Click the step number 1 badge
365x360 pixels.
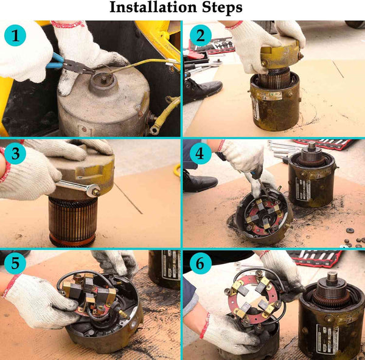click(x=15, y=35)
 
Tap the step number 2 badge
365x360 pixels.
click(x=200, y=35)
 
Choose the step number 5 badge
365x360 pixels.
click(x=15, y=263)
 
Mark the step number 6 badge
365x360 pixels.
click(x=200, y=263)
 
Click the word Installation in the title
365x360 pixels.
click(x=153, y=7)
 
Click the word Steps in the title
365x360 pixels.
click(x=222, y=8)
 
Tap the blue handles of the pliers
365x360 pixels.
click(x=55, y=61)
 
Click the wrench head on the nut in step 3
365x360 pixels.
click(x=94, y=190)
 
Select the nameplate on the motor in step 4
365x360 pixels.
click(x=303, y=189)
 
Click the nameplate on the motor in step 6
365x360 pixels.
click(x=327, y=339)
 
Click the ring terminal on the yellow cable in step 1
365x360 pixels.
click(x=155, y=130)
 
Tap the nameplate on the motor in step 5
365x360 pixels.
click(x=171, y=265)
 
